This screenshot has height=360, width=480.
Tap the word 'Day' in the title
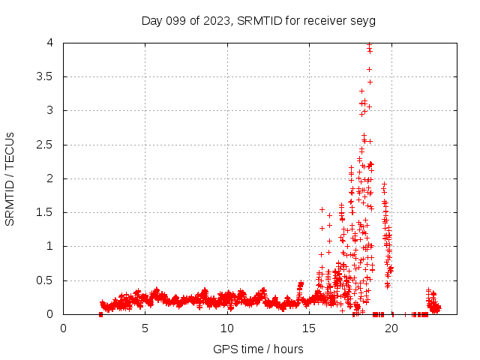[x=152, y=20]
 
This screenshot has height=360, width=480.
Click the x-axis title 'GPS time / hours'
[x=258, y=349]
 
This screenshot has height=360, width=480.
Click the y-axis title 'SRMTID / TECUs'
[x=10, y=178]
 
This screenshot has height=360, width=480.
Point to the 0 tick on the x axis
[x=64, y=328]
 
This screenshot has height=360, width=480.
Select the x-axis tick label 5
[x=145, y=328]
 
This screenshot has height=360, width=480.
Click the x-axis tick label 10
[x=227, y=328]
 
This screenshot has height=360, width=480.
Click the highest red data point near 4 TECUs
[x=369, y=44]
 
